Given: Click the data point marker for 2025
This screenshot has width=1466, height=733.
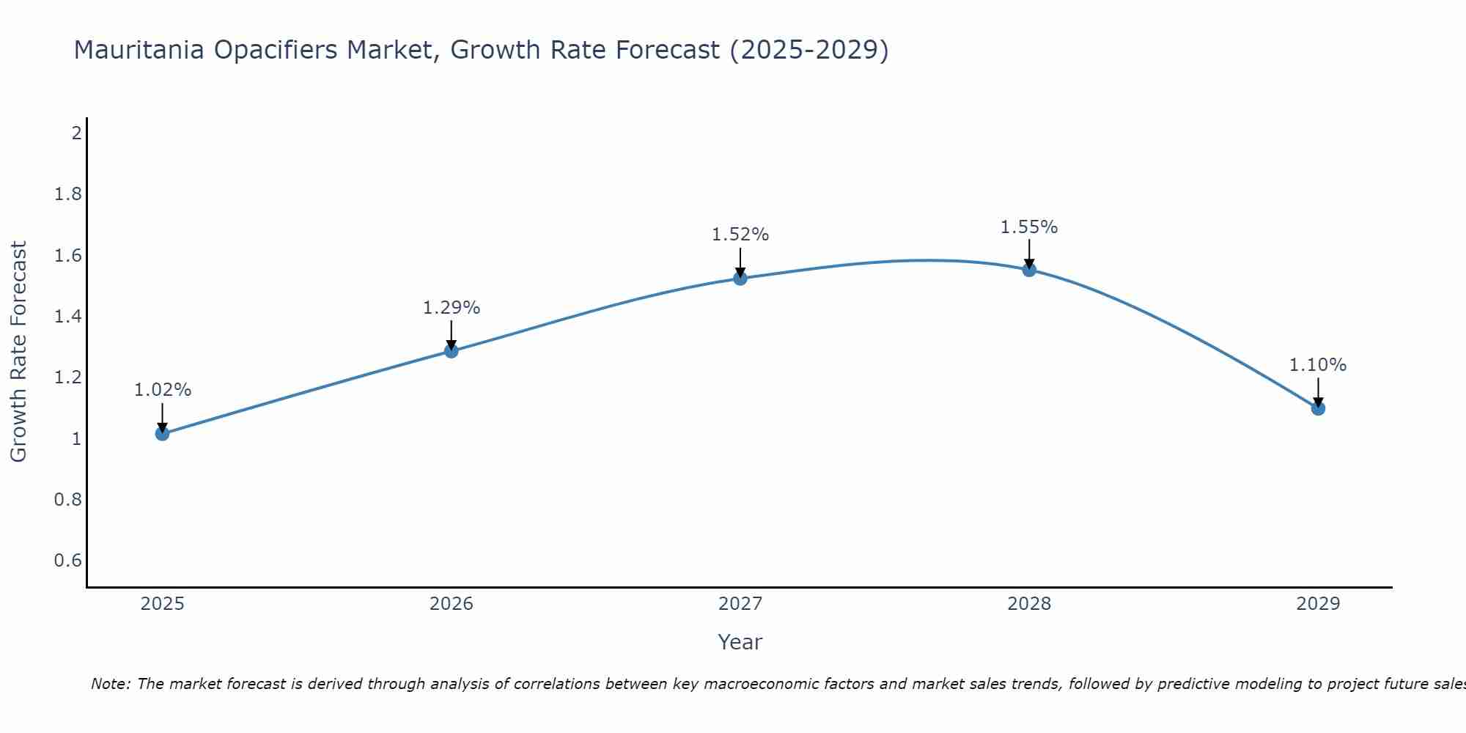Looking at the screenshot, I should tap(163, 434).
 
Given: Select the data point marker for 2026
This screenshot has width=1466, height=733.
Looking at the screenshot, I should tap(452, 351).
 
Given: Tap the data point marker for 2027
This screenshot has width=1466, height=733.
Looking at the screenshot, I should tap(740, 279).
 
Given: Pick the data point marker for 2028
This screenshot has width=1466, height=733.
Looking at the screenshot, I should tap(1029, 270).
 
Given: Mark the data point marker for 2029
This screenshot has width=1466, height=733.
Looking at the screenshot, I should tap(1318, 408).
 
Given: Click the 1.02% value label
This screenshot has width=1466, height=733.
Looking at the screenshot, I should tap(163, 390).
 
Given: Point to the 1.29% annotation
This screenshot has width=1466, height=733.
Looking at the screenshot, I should tap(452, 308).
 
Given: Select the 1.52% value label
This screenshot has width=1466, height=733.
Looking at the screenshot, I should tap(740, 235).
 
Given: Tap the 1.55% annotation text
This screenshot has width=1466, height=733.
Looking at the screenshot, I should tap(1029, 227).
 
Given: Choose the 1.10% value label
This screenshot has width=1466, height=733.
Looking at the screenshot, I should tap(1318, 365).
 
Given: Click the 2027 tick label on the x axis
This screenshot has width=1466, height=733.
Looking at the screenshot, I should tap(740, 604).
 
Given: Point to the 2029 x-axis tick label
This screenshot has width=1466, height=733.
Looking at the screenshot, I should tap(1318, 604).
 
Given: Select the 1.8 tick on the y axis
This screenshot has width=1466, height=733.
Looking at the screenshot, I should tap(68, 194).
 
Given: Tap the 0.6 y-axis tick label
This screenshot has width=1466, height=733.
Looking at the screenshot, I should tap(68, 561).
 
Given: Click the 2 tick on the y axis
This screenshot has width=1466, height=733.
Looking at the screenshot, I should tap(76, 133).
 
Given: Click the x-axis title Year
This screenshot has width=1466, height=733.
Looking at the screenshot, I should tap(740, 642).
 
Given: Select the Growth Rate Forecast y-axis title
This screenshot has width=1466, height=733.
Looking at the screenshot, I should tap(18, 352).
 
